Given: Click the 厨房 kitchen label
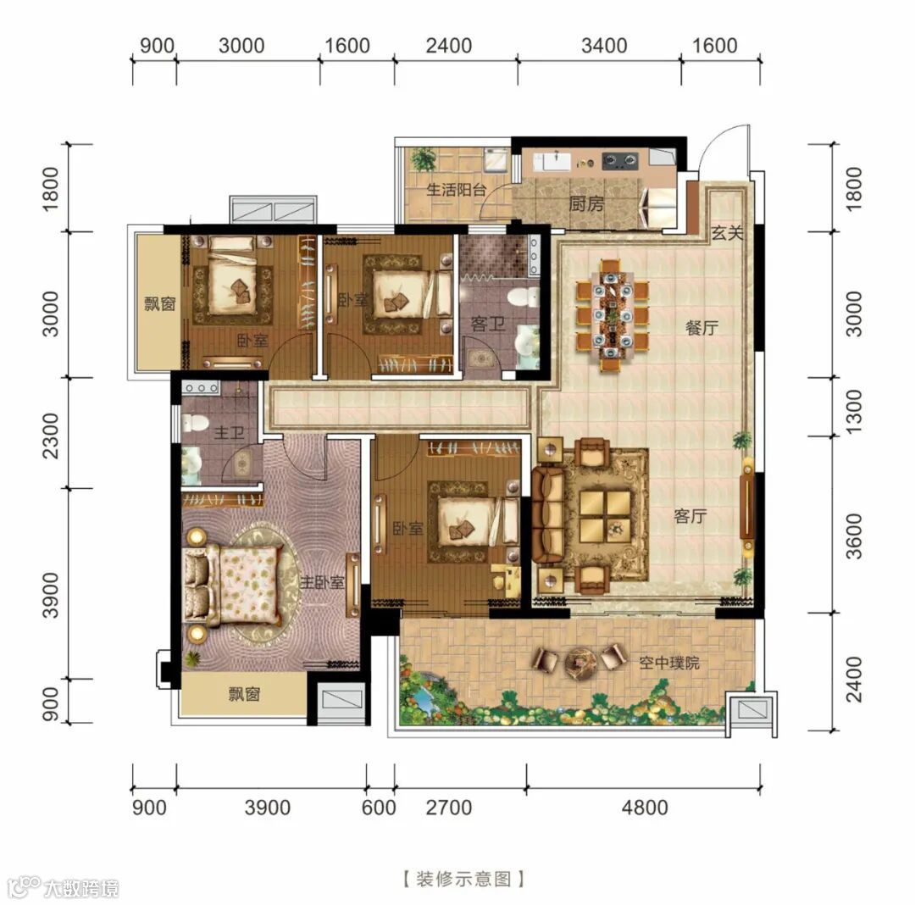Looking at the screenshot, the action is [x=586, y=204].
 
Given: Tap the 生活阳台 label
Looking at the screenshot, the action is [x=457, y=190].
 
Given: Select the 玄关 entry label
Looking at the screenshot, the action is [x=727, y=233].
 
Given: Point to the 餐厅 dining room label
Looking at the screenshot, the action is [x=702, y=327].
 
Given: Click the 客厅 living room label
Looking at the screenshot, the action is [x=690, y=516].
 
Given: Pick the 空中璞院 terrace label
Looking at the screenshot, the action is [x=668, y=663].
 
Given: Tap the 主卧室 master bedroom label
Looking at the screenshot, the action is [x=322, y=582].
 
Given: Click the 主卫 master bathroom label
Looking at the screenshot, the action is [x=229, y=432].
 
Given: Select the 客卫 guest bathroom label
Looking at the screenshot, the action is [x=488, y=323].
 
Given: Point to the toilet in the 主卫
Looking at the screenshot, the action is [x=195, y=422].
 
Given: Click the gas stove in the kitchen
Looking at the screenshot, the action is [x=619, y=159].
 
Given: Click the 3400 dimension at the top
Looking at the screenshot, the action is [x=604, y=46].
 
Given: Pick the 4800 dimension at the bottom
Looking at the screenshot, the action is [x=645, y=808].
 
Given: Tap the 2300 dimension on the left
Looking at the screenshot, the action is [x=51, y=436].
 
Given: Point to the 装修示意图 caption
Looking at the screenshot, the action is [x=464, y=878].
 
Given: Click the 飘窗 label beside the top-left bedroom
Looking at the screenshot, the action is [x=160, y=303].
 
